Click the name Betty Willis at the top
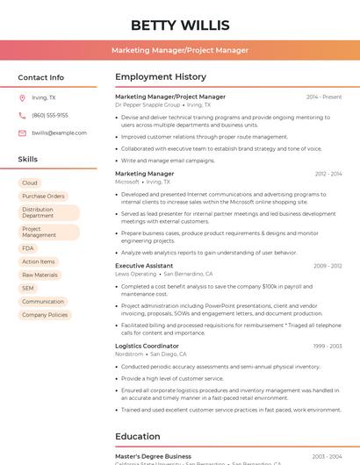point(180,25)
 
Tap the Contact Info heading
point(40,77)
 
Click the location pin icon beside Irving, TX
point(22,97)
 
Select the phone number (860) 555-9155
point(50,115)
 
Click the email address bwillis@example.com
point(54,132)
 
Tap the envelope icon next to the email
point(22,132)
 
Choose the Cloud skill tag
point(30,182)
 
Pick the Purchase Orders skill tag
point(44,196)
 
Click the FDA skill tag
point(28,248)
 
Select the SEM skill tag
point(28,288)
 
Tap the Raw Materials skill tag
point(40,275)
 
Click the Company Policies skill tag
point(45,314)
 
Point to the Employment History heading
point(161,77)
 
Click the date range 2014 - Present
point(324,97)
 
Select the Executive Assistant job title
point(144,265)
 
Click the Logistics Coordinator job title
point(147,346)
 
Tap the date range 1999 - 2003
point(327,346)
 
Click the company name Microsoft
point(127,182)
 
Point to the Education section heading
point(138,436)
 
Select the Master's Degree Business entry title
point(153,456)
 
